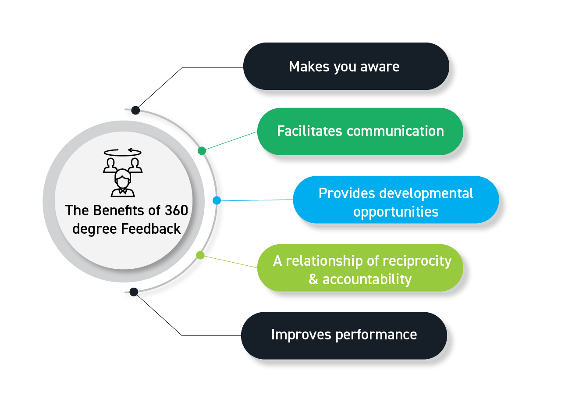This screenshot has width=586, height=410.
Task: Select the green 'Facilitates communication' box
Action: (360, 131)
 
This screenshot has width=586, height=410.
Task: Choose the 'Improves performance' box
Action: (344, 335)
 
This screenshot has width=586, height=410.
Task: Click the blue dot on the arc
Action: (217, 200)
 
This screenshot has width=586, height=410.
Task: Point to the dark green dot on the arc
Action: (202, 151)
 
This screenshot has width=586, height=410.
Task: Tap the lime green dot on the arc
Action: (200, 255)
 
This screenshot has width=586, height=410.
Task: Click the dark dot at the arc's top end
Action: (135, 110)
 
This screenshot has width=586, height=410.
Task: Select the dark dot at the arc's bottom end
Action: (134, 292)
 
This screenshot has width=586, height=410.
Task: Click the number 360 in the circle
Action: (176, 210)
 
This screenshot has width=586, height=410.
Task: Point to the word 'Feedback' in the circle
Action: (151, 229)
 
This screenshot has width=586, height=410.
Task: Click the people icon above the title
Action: (123, 178)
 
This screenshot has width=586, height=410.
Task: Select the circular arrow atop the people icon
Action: (123, 152)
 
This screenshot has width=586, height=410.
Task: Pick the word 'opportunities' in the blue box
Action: (396, 212)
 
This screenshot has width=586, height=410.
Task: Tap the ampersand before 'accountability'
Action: (313, 279)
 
